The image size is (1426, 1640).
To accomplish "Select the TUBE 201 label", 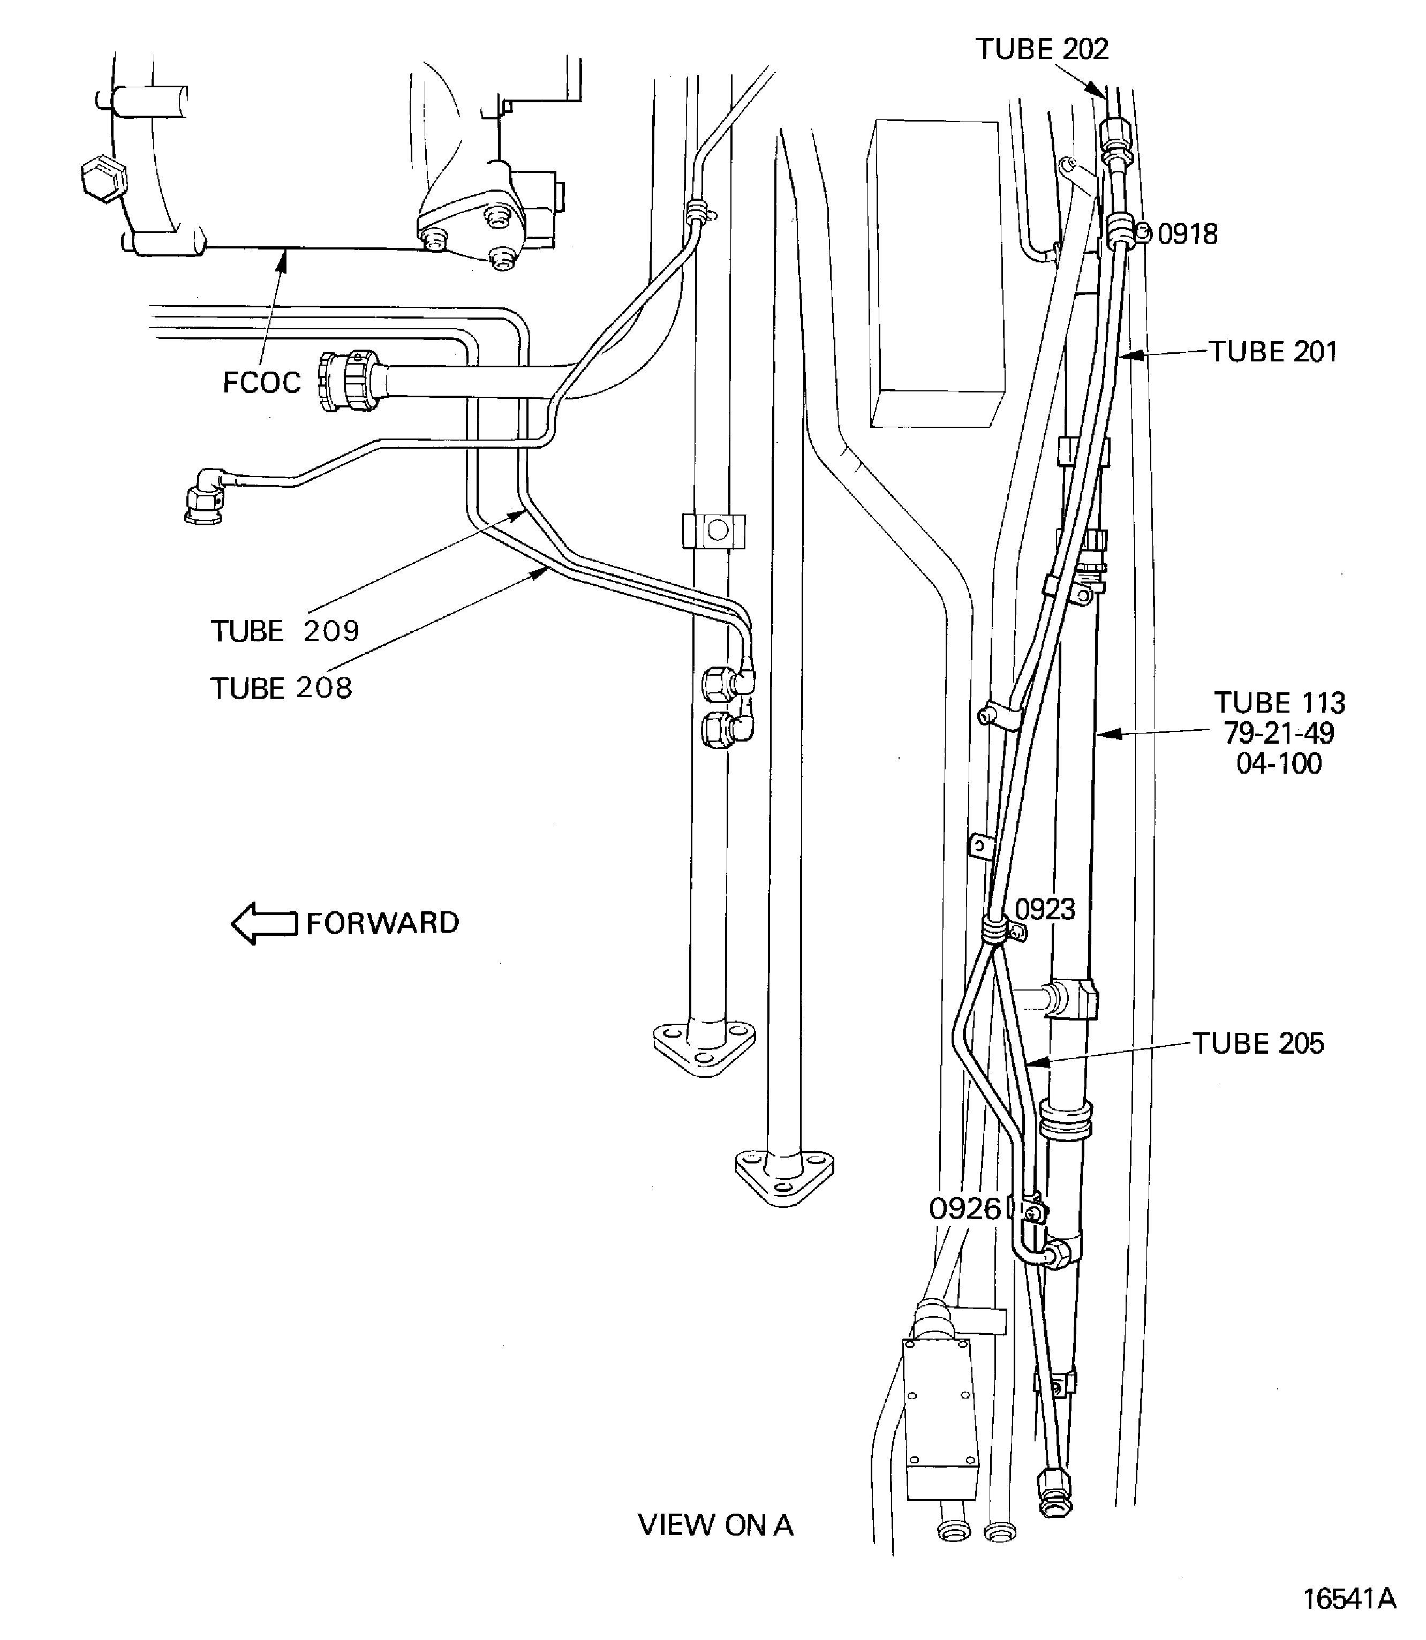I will click(x=1273, y=352).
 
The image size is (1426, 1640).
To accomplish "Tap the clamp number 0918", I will click(x=1187, y=234).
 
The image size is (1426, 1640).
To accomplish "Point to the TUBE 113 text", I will click(x=1279, y=702).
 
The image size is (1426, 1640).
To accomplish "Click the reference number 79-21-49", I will click(x=1279, y=733).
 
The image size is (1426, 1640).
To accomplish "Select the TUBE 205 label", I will click(x=1258, y=1043).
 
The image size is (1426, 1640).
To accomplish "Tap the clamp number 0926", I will click(x=964, y=1208).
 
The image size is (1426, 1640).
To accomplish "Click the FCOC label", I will click(x=261, y=383).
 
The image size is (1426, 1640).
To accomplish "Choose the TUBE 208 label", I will click(x=281, y=687).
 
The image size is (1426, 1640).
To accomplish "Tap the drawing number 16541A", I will click(x=1349, y=1598).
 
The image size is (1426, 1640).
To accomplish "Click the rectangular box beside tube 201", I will click(x=937, y=275).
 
